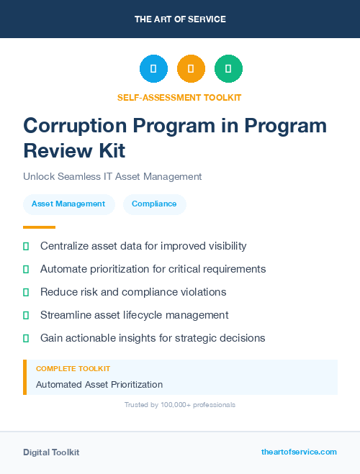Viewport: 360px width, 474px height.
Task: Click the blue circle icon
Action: [153, 69]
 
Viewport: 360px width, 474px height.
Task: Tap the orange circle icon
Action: [191, 69]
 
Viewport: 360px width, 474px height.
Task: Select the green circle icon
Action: [228, 69]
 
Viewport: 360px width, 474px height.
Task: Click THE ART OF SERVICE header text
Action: [180, 19]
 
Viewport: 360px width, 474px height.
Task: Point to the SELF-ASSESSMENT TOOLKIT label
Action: [179, 97]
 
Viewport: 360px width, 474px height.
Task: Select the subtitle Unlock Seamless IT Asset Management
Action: [112, 176]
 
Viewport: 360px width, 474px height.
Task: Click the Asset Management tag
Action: [68, 204]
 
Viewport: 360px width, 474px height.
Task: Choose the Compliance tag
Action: [154, 204]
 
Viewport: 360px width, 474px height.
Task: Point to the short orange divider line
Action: [34, 227]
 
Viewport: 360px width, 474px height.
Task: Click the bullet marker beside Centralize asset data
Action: [26, 246]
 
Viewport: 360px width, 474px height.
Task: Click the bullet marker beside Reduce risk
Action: [26, 292]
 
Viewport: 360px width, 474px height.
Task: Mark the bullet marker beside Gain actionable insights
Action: [26, 338]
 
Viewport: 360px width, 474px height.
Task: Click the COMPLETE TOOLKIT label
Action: [73, 369]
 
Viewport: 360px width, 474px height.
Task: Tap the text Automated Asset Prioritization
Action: [99, 385]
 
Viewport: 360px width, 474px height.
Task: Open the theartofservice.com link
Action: [299, 452]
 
